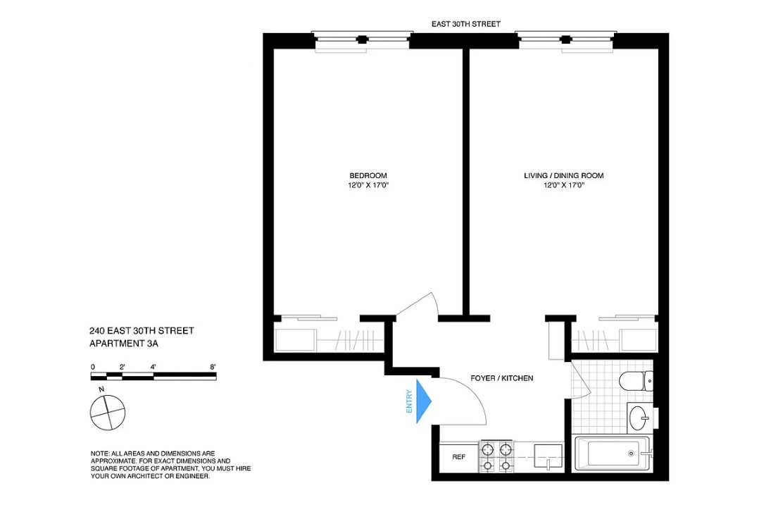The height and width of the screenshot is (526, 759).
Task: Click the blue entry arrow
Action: [x=423, y=401]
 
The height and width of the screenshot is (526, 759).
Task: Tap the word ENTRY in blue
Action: [x=408, y=401]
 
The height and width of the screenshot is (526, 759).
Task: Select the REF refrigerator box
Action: [x=458, y=457]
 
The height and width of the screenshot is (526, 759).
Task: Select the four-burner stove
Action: [x=496, y=456]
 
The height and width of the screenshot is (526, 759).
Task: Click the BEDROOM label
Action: [x=368, y=175]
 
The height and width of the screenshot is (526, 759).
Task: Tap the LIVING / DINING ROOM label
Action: [x=563, y=175]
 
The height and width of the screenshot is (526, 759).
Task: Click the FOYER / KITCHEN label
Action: [x=501, y=378]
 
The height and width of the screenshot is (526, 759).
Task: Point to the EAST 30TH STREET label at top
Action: [x=466, y=24]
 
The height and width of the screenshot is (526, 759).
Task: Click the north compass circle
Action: [x=108, y=413]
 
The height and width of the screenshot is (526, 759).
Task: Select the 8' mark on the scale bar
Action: [x=212, y=367]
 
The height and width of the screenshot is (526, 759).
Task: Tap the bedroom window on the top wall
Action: [x=362, y=40]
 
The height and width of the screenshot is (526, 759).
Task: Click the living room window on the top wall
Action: [x=565, y=40]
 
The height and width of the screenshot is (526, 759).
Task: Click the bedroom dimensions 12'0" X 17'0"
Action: [x=368, y=186]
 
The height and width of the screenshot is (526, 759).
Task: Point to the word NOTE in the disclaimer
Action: [x=99, y=453]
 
